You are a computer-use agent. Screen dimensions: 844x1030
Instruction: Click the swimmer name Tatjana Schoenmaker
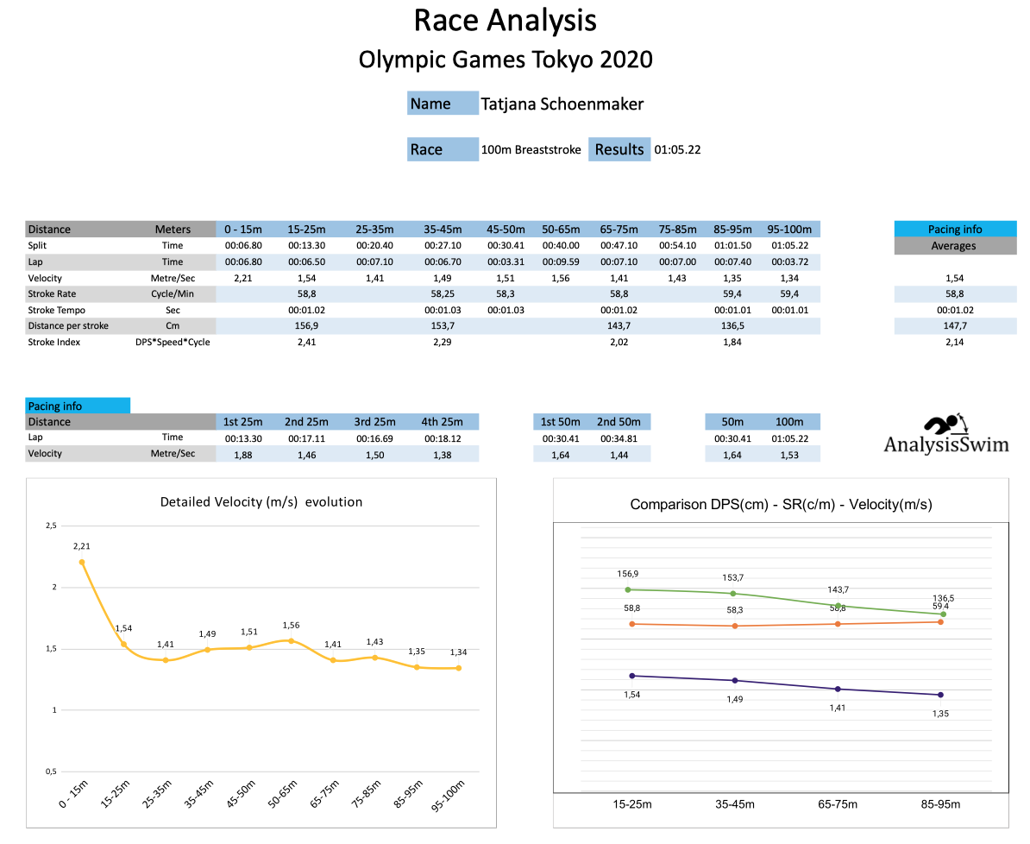point(562,104)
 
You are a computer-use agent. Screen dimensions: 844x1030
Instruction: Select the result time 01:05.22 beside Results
point(677,149)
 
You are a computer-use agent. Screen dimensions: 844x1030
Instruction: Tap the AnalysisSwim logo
point(945,434)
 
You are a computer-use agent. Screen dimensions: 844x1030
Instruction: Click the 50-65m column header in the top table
point(561,230)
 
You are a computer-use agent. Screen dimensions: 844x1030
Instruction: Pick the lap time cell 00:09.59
point(561,261)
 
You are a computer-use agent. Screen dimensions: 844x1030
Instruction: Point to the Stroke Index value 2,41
point(306,342)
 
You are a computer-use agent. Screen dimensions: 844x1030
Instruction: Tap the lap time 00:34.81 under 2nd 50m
point(619,438)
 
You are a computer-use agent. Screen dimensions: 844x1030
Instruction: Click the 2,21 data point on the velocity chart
point(82,562)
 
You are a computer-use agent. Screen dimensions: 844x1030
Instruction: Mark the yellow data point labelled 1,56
point(292,640)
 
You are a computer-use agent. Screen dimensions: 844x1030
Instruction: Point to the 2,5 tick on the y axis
point(51,526)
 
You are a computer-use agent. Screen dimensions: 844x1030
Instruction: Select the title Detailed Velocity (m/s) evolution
point(261,501)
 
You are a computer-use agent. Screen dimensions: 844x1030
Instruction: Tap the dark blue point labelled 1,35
point(940,695)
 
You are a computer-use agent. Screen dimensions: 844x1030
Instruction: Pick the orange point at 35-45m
point(734,626)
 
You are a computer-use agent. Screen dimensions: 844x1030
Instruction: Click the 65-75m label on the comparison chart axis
point(837,804)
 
